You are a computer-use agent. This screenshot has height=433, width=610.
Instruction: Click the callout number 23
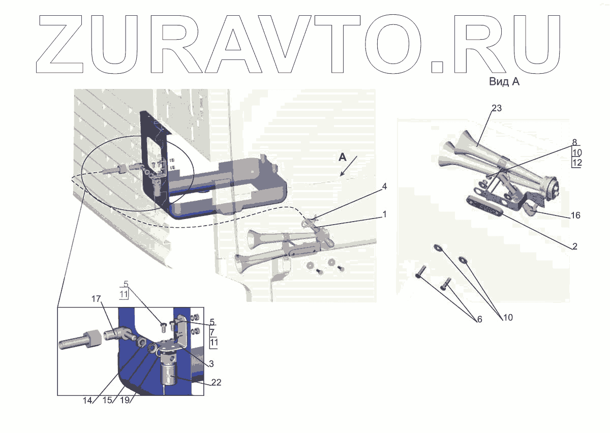[497, 108]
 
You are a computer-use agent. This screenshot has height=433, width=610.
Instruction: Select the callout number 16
[575, 215]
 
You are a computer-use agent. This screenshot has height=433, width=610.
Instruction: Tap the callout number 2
[574, 246]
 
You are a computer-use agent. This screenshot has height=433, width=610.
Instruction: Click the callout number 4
[384, 187]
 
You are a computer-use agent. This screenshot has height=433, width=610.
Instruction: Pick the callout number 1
[384, 214]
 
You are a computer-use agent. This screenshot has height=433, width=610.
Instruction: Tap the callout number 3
[210, 364]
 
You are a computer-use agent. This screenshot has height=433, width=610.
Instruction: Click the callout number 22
[217, 382]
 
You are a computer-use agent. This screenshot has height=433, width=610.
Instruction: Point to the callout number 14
[87, 400]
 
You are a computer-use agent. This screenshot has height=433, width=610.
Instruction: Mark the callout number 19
[126, 400]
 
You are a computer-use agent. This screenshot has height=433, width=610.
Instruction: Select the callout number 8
[574, 143]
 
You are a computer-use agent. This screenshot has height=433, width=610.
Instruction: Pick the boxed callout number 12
[576, 163]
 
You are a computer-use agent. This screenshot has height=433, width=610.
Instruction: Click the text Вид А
[504, 81]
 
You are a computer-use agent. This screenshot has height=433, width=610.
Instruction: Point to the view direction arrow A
[350, 167]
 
